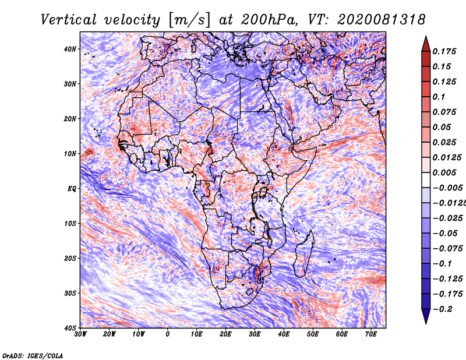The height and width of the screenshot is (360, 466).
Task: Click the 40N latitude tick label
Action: pos(70,49)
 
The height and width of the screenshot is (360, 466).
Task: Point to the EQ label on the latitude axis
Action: pos(72,189)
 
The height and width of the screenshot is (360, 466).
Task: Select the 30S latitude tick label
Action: pos(70,294)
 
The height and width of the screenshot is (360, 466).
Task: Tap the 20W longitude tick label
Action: pos(110,334)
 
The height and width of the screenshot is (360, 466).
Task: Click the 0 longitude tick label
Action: pos(168,334)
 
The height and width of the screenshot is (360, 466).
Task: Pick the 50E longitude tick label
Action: pos(313,334)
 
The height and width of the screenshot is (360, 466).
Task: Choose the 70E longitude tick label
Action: pos(371,334)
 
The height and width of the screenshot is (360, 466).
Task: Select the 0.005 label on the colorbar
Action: pos(444,172)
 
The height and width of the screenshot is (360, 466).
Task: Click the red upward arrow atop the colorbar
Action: pos(426,44)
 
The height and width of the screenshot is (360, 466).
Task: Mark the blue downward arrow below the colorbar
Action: pos(426,316)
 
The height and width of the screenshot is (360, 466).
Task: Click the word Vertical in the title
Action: pos(69,20)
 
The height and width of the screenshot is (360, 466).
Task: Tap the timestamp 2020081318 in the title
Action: pos(382,20)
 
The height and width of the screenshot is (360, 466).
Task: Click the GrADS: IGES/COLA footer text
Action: pos(33,356)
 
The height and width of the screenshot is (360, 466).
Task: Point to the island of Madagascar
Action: pos(303,254)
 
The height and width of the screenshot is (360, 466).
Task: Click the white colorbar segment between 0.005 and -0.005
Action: pos(426,180)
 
